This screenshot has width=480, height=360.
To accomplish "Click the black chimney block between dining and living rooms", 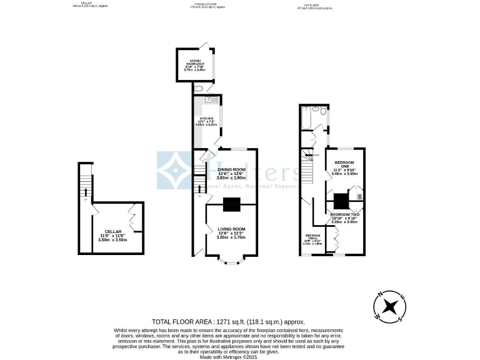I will point(231,204).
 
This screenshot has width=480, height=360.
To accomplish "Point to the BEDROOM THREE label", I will point(313,238).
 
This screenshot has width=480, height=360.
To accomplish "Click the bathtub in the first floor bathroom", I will point(307,118).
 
